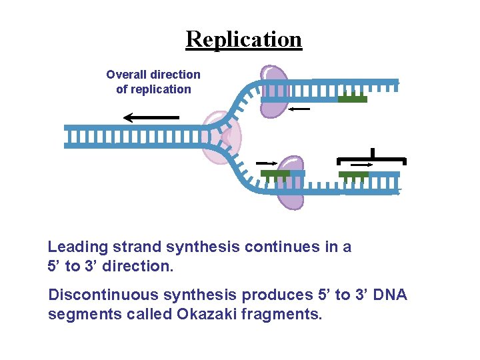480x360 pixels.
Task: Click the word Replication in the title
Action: (243, 39)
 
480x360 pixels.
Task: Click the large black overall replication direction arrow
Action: (151, 118)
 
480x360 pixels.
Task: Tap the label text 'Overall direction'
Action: (153, 75)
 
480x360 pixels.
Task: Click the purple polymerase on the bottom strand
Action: (291, 183)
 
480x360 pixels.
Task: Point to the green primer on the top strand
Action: (352, 99)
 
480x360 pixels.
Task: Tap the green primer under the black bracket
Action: (353, 174)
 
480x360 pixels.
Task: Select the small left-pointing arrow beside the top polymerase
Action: (300, 108)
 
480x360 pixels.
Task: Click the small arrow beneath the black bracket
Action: (362, 164)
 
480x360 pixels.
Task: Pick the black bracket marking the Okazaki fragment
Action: (371, 158)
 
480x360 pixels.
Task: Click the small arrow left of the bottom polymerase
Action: (266, 163)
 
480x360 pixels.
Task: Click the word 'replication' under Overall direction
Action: (153, 89)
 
